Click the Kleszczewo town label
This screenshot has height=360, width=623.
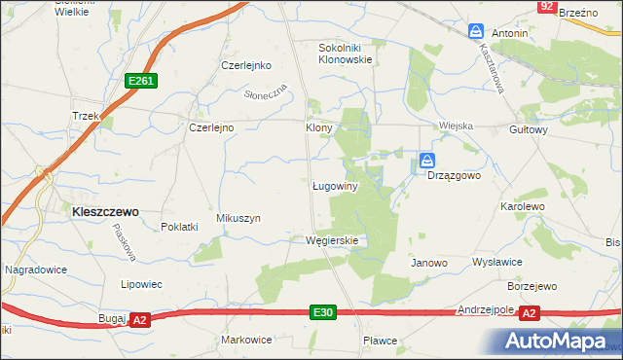pyautogui.click(x=100, y=210)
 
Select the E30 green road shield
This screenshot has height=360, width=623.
pyautogui.click(x=324, y=311)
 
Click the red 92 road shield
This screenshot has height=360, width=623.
pyautogui.click(x=547, y=7)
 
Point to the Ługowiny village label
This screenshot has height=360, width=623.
pyautogui.click(x=337, y=185)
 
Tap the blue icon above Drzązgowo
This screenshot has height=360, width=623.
pyautogui.click(x=427, y=160)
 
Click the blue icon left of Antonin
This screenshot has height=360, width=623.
pyautogui.click(x=476, y=32)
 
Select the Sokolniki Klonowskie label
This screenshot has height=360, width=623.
pyautogui.click(x=346, y=53)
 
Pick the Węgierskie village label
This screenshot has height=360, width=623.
pyautogui.click(x=333, y=240)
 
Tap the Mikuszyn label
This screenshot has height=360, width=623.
pyautogui.click(x=238, y=219)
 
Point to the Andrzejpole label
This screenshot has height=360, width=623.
pyautogui.click(x=486, y=309)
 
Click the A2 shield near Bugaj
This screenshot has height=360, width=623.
pyautogui.click(x=140, y=319)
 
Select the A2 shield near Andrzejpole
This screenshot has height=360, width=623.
pyautogui.click(x=530, y=312)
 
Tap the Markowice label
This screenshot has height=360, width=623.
pyautogui.click(x=246, y=340)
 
